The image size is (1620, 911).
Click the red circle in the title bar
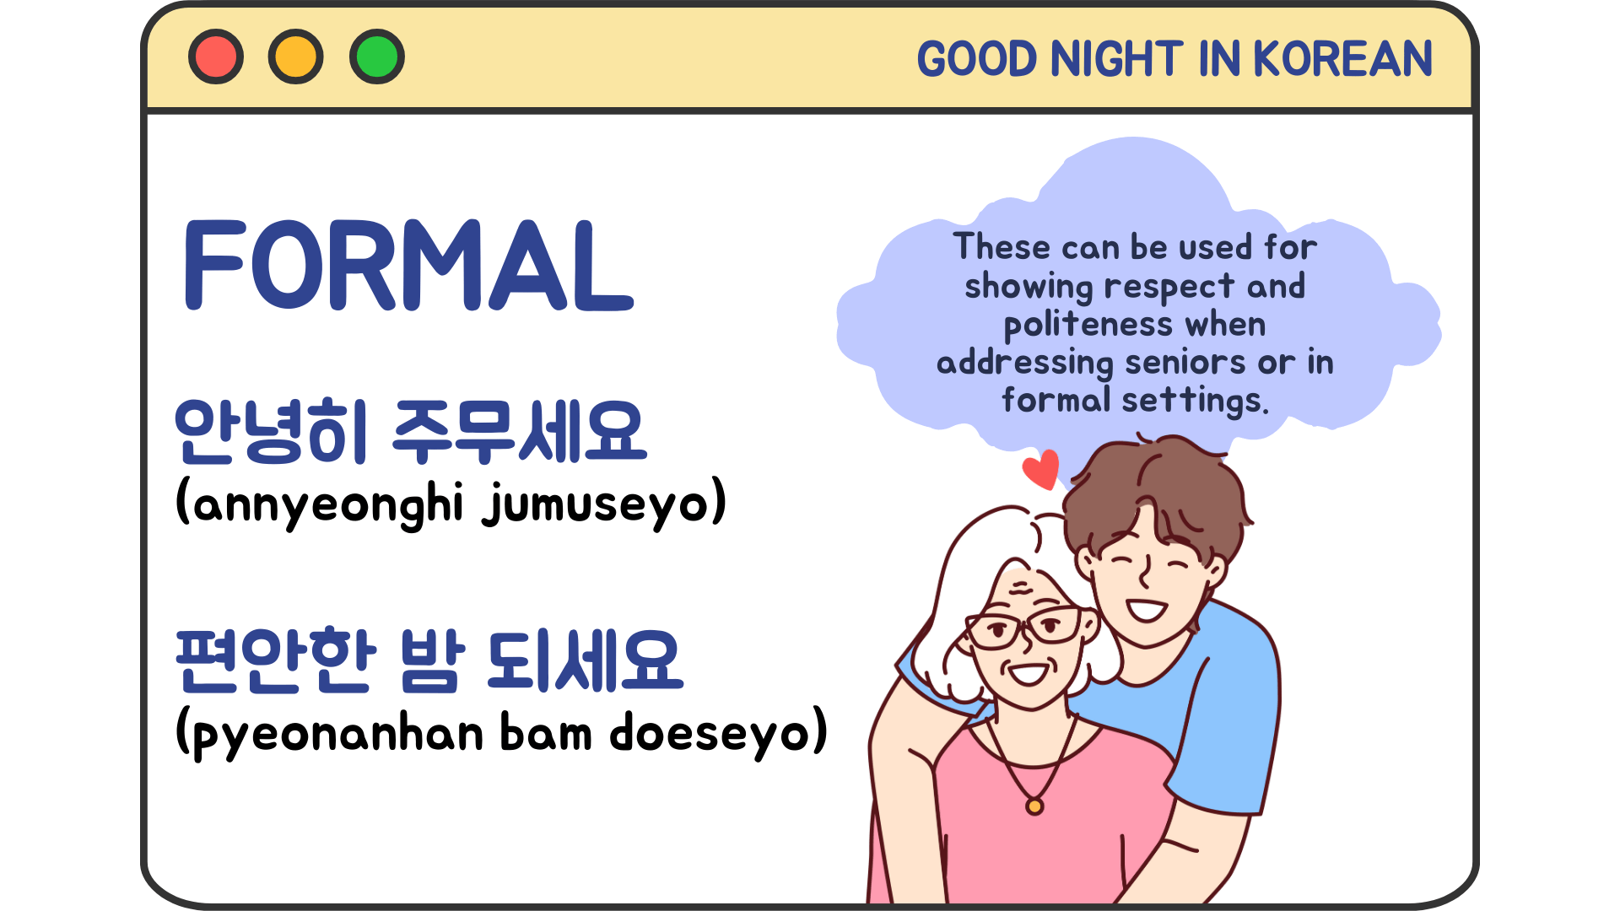216,57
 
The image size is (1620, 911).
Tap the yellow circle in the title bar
296,57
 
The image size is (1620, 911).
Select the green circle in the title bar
377,57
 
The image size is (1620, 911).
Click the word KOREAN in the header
1342,59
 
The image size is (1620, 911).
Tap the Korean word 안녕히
271,432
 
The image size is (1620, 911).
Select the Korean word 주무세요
520,432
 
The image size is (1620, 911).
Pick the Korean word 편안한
275,661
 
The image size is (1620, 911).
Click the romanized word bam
546,732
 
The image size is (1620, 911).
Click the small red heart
1042,469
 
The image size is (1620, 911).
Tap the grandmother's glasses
1023,629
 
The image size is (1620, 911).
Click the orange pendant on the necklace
1034,806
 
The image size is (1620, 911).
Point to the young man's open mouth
1146,609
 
